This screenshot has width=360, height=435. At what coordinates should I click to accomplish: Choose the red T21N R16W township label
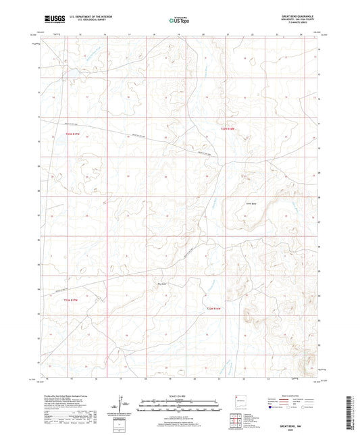click(x=214, y=309)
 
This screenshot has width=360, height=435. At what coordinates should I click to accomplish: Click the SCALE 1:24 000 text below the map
click(x=180, y=396)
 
